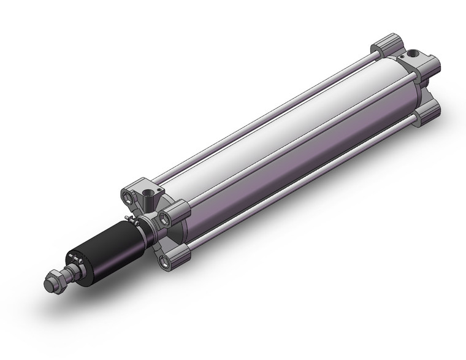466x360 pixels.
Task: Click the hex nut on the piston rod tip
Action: pos(56,281)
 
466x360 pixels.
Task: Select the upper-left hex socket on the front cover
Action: pos(128,197)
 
